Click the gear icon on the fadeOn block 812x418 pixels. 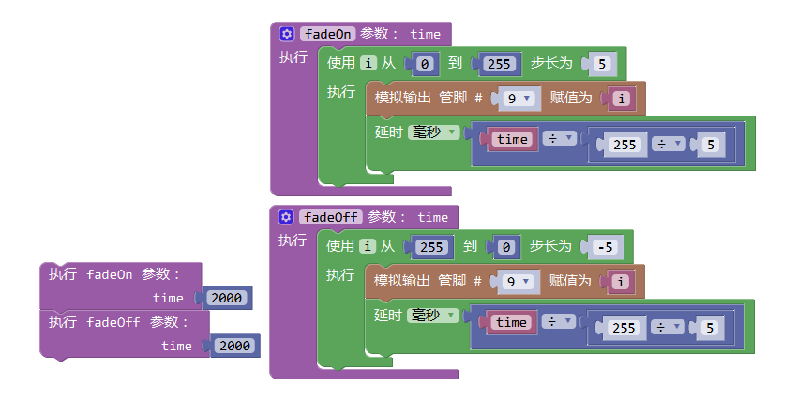tap(287, 34)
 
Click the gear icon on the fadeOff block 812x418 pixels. tap(287, 217)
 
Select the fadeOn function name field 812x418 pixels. tap(329, 34)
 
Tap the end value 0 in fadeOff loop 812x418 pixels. tap(506, 248)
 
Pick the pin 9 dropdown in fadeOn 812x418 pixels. tap(517, 98)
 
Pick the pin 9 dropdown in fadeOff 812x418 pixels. tap(517, 281)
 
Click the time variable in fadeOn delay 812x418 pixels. tap(512, 139)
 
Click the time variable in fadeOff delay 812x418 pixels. tap(512, 322)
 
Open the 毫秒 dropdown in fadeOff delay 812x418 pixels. tap(433, 315)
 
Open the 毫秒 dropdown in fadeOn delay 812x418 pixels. tap(433, 132)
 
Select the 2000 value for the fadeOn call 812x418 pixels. tap(226, 298)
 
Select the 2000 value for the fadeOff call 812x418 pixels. tap(234, 346)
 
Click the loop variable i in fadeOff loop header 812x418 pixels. tap(368, 246)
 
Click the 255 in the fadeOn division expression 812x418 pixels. tap(624, 145)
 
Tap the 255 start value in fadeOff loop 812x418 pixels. tap(429, 248)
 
